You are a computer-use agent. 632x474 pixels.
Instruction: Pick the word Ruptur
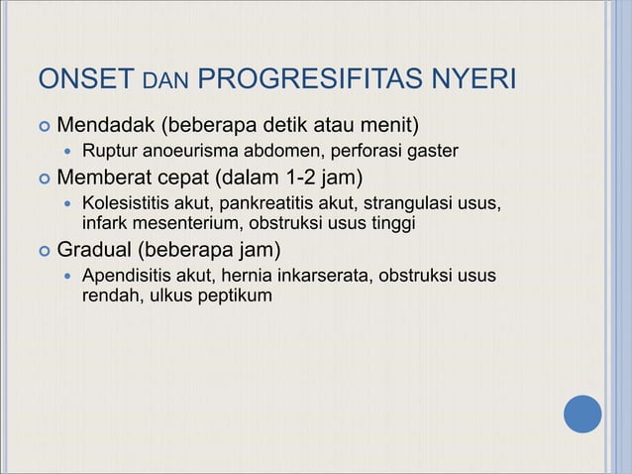pos(108,152)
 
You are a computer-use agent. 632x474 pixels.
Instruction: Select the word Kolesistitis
pos(128,204)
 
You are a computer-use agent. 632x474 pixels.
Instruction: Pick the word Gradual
pos(94,248)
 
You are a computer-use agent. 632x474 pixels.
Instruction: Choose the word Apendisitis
pos(128,274)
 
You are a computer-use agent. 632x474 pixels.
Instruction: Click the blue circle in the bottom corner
pos(582,414)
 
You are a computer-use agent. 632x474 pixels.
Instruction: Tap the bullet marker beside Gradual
pos(43,249)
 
